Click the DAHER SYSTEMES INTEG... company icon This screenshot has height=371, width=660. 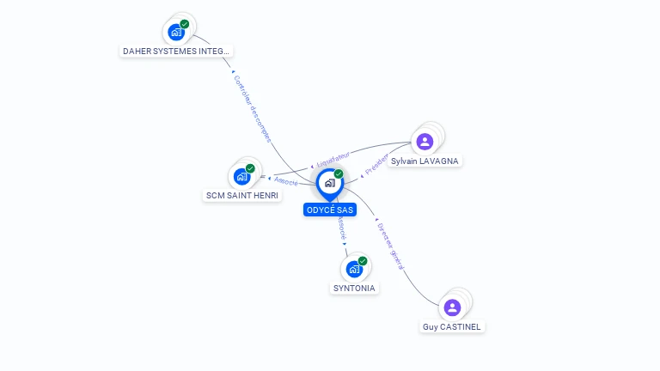(x=177, y=33)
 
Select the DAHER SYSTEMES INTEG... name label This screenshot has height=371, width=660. (x=177, y=52)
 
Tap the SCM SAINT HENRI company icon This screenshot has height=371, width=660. (x=242, y=177)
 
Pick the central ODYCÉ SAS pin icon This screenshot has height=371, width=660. (x=329, y=183)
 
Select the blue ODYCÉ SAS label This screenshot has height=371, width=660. (x=329, y=210)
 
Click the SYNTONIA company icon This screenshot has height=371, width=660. (x=354, y=269)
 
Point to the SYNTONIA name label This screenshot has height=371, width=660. (x=354, y=289)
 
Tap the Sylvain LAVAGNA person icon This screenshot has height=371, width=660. (x=425, y=142)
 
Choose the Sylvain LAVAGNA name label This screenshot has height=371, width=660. (x=425, y=161)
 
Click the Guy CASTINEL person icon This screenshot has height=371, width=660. (x=452, y=307)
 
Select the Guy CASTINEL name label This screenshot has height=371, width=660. (x=452, y=327)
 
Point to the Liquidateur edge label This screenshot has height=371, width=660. (x=333, y=160)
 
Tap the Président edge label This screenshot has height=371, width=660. (x=376, y=164)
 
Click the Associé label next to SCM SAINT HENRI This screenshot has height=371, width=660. (x=285, y=180)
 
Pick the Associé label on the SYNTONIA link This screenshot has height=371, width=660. (x=341, y=228)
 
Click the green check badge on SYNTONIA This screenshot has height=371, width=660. (x=363, y=260)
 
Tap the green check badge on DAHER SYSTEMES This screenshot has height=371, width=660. (x=185, y=25)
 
